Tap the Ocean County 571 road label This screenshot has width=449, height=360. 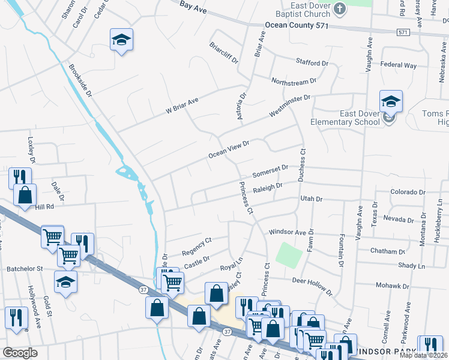coord(298,26)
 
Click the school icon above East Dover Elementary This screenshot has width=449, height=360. coord(390,101)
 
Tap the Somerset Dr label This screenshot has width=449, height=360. coord(270,171)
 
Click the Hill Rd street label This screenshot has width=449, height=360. coord(45,206)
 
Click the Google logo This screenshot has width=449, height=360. coord(20,353)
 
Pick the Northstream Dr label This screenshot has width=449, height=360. coord(294,82)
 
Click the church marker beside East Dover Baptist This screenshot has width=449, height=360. coord(340,8)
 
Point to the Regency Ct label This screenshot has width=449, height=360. coord(197,242)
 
